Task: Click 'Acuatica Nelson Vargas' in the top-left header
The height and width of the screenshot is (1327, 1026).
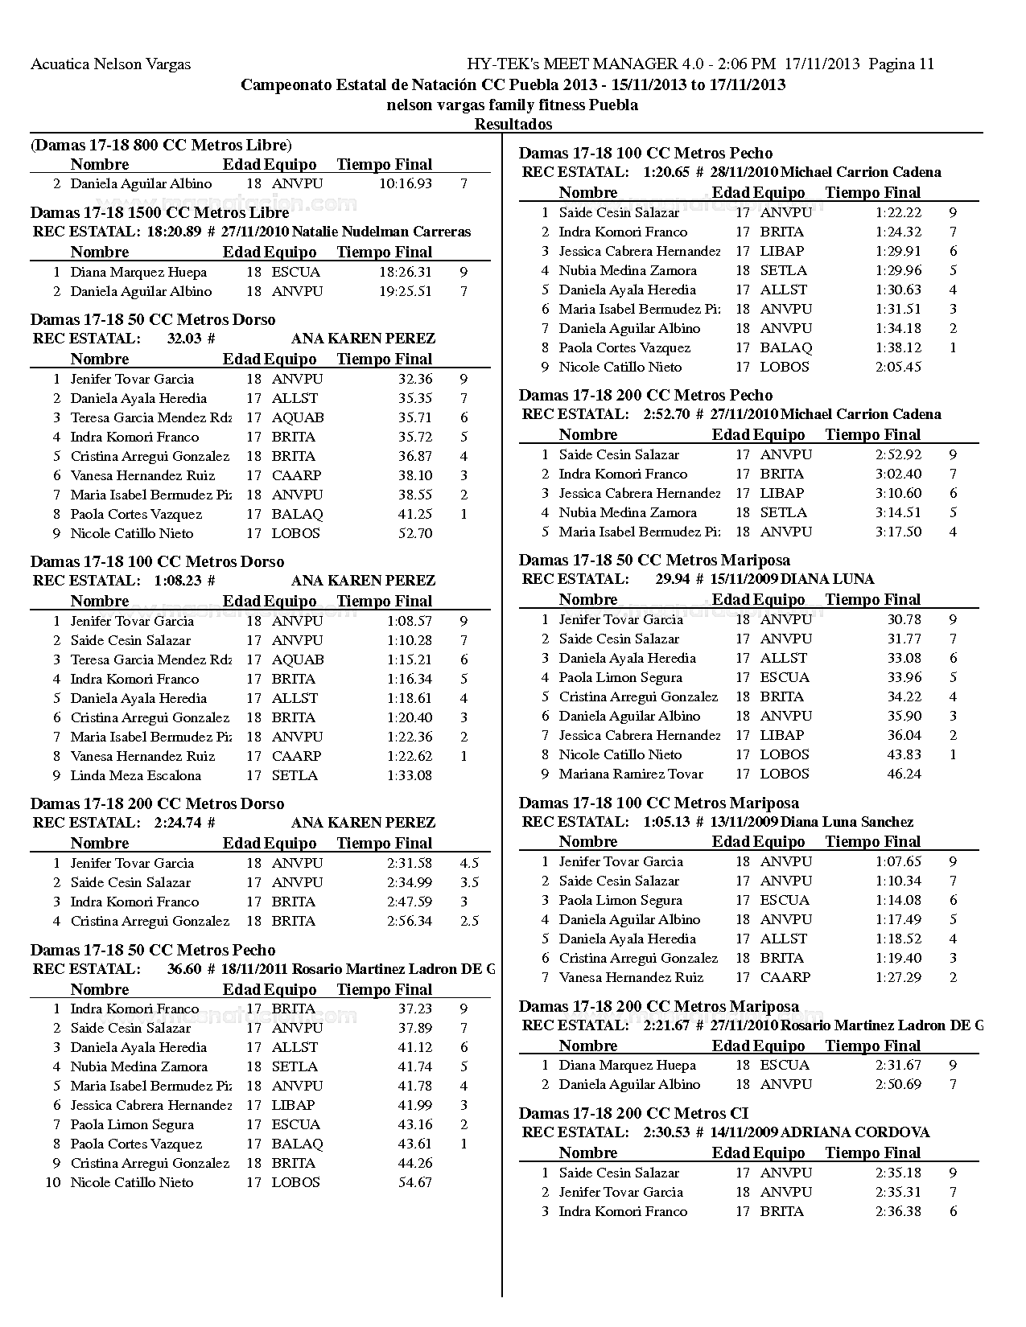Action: [x=110, y=64]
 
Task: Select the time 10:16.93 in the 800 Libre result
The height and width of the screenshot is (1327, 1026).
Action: [x=405, y=183]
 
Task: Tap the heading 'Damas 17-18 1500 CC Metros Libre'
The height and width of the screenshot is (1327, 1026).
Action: [x=159, y=212]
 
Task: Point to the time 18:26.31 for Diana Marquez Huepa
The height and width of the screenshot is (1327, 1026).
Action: [x=405, y=272]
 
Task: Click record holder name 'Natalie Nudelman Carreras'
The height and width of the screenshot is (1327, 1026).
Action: [x=381, y=232]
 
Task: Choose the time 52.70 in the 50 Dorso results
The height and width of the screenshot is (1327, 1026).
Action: [x=415, y=533]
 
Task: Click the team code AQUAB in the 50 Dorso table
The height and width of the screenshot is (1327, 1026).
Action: [x=298, y=417]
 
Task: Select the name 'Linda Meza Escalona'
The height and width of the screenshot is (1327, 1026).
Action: [x=135, y=775]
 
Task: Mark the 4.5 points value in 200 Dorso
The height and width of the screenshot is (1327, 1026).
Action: [x=469, y=863]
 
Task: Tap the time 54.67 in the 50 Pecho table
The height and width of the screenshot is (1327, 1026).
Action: [x=415, y=1182]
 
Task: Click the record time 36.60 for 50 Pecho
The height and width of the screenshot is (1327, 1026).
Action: [x=184, y=969]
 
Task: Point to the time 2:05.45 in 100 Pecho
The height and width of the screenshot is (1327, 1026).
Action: [x=898, y=367]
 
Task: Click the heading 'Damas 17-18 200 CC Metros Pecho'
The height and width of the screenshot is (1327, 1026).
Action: [x=645, y=395]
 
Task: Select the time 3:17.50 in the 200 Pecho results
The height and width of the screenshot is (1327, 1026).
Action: [x=898, y=532]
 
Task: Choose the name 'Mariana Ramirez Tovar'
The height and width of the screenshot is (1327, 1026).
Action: [x=631, y=774]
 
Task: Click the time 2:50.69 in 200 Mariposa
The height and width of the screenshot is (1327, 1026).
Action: [x=898, y=1084]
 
